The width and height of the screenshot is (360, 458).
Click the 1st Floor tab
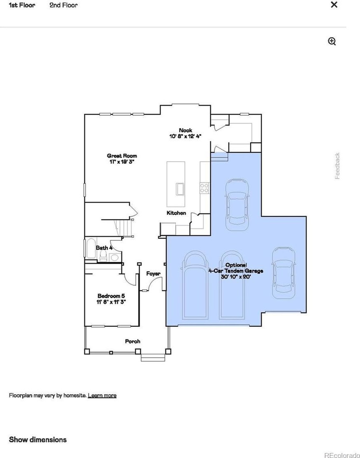(x=22, y=5)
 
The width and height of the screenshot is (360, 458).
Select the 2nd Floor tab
(x=64, y=5)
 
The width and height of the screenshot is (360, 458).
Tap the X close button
(x=334, y=5)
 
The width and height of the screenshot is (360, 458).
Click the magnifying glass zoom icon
(x=332, y=42)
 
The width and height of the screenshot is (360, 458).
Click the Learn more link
(x=102, y=395)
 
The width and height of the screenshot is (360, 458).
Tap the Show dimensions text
(x=38, y=439)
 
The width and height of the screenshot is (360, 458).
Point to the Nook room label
(x=186, y=133)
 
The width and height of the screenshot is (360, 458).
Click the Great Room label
(x=122, y=158)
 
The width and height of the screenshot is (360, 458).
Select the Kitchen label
(x=176, y=213)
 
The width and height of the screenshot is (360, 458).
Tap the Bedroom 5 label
(x=111, y=299)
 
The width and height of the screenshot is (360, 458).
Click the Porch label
(x=132, y=341)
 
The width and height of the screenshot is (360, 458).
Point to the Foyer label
(x=153, y=274)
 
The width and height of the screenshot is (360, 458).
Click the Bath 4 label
(x=104, y=248)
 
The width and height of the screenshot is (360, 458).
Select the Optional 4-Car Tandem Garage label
(x=236, y=271)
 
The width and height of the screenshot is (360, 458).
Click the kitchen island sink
(x=180, y=188)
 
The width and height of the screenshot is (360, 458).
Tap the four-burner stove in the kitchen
(x=204, y=188)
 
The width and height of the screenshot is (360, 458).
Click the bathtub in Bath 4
(x=91, y=249)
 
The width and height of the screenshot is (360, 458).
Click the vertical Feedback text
(x=337, y=165)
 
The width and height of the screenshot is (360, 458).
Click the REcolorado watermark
(x=342, y=455)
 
